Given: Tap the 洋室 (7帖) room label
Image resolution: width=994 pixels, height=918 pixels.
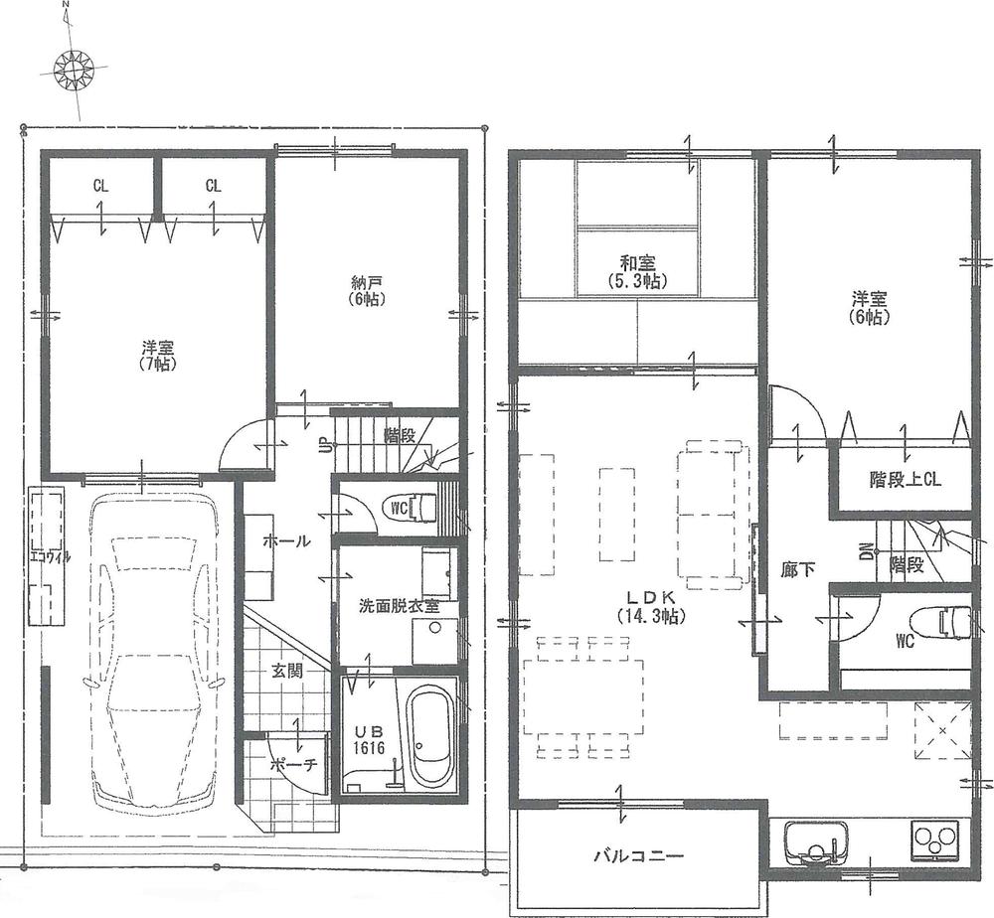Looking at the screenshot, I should (x=158, y=356).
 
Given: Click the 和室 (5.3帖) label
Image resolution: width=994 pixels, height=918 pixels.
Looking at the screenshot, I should (x=637, y=272).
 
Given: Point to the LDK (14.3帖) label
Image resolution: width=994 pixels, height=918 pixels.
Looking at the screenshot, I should (x=651, y=606).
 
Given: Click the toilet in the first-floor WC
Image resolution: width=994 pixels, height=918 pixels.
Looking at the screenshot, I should (x=414, y=506).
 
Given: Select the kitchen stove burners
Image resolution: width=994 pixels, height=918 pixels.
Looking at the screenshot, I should (x=937, y=842).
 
